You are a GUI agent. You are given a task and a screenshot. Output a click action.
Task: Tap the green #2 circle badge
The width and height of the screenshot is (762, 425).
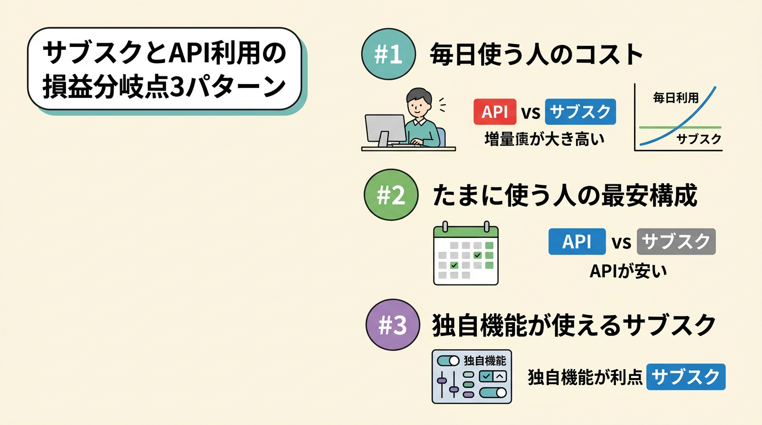(x=392, y=197)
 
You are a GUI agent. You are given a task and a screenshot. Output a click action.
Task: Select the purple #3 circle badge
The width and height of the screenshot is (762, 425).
(x=394, y=325)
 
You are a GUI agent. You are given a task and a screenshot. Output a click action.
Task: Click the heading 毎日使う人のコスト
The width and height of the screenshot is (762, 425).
(x=537, y=56)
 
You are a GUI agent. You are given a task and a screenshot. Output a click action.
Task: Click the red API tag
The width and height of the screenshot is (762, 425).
(x=495, y=112)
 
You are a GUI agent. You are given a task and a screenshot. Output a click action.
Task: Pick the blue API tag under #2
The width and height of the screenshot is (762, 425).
(x=576, y=242)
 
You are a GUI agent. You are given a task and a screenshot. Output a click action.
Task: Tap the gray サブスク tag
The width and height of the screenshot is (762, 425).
(x=676, y=242)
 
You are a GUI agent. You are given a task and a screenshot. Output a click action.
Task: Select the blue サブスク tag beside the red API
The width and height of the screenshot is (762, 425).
(x=580, y=112)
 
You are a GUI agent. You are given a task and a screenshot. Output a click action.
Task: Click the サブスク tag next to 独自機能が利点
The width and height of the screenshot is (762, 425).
(x=686, y=377)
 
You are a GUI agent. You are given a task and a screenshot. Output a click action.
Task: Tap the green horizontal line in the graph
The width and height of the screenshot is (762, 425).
(x=653, y=127)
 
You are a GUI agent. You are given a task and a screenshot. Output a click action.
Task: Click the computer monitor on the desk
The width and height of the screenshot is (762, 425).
(x=385, y=129)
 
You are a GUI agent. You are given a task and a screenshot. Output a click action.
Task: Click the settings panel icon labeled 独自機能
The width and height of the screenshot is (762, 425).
(x=472, y=376)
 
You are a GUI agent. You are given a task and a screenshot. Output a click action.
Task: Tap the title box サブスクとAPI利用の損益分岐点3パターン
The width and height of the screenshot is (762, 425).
(x=164, y=69)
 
